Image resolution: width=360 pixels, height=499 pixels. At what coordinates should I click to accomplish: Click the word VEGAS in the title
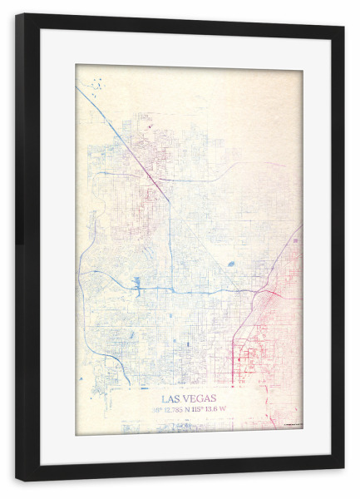pos(199,398)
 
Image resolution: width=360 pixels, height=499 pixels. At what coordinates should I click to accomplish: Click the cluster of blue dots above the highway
pos(97,83)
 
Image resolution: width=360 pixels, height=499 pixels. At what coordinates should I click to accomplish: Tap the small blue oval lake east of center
pos(230,264)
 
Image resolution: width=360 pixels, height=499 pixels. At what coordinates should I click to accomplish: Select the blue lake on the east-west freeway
pos(136,285)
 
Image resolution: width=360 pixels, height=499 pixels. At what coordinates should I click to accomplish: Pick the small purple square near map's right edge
pos(294,240)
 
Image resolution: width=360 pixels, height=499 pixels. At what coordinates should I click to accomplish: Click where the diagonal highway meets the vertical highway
pos(170,200)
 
